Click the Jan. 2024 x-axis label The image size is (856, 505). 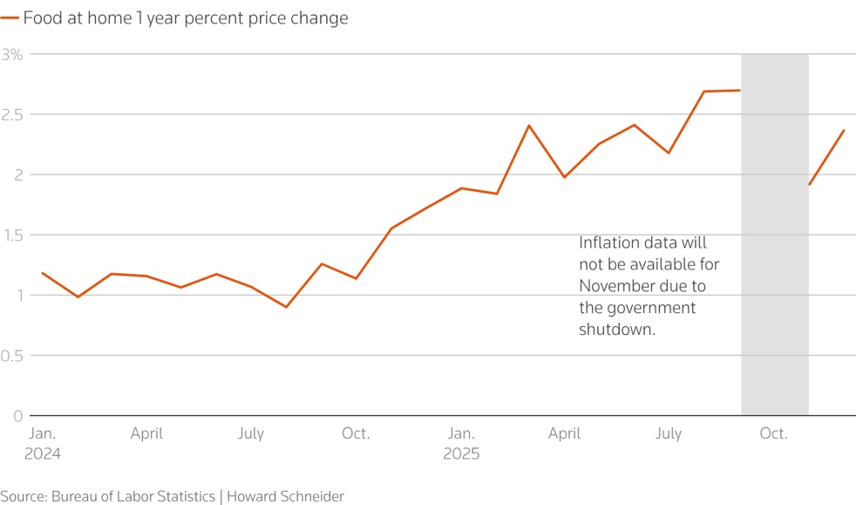click(44, 443)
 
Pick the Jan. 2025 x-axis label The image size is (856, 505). click(461, 443)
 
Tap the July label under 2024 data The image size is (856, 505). click(251, 433)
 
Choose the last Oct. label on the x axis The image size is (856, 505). click(773, 433)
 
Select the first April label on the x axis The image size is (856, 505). click(146, 433)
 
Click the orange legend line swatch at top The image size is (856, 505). click(10, 18)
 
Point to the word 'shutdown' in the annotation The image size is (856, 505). click(616, 330)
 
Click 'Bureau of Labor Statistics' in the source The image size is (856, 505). click(132, 496)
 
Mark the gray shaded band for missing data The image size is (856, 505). click(774, 262)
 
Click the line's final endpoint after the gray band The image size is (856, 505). click(844, 130)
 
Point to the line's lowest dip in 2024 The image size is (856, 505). click(286, 307)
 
